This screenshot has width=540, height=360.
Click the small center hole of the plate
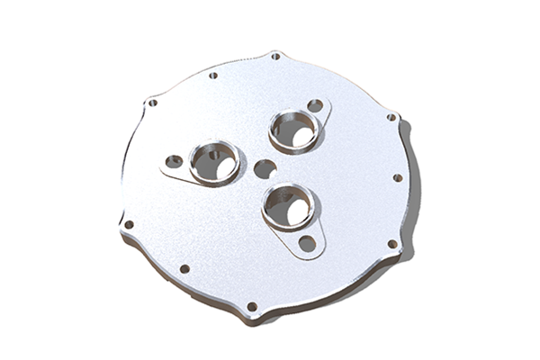(x=265, y=168)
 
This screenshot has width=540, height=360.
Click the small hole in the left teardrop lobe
(x=174, y=162)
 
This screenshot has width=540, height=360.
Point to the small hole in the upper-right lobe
(x=315, y=106)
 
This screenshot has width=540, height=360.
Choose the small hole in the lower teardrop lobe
(x=307, y=242)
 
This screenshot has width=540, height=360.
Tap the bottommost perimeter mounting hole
(x=252, y=307)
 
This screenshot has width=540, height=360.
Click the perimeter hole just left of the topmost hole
(x=213, y=75)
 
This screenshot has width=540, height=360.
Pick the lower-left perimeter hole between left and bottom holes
(x=184, y=268)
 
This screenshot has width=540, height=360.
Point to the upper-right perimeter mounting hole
(x=391, y=117)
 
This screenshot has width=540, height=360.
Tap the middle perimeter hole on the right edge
(x=398, y=177)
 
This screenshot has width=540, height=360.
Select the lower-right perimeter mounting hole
(x=391, y=243)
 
